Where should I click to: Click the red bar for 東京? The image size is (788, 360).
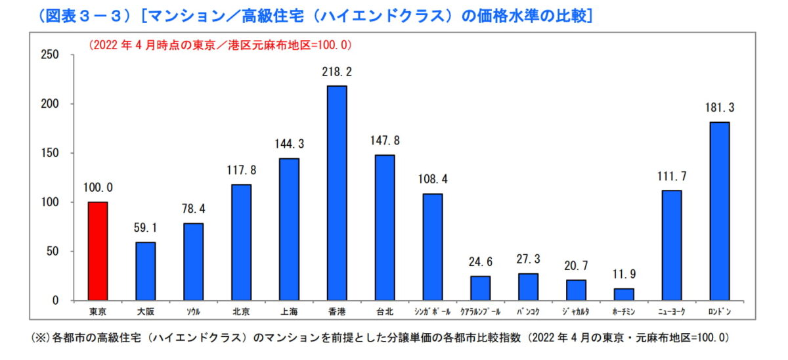click(98, 251)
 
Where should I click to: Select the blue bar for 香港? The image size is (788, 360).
click(337, 193)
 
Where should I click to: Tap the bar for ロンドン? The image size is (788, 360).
click(720, 211)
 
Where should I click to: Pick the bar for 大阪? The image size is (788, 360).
click(146, 271)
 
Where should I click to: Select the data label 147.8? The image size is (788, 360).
click(385, 141)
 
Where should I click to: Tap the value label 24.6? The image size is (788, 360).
click(480, 262)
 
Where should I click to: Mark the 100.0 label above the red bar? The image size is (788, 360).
click(98, 188)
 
